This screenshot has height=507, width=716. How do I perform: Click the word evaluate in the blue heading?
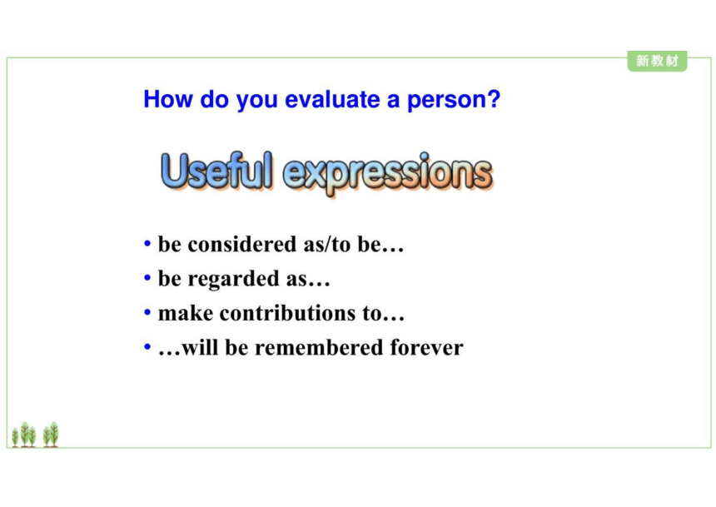coord(332,99)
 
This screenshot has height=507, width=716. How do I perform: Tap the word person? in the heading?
coord(454,101)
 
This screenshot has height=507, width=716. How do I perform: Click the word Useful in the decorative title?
coord(217,171)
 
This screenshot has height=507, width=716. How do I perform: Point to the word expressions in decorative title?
coord(388,174)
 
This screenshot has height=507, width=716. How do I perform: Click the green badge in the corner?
coord(657,61)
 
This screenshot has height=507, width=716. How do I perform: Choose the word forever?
coord(426,348)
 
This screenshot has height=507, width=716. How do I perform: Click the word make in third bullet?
coord(186,313)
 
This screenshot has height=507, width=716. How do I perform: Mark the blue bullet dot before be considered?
coord(147,243)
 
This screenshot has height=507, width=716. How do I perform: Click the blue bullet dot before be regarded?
coord(147,277)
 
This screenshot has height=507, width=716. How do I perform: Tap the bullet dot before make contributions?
coord(147,312)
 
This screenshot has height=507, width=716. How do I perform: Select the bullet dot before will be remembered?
coord(147,346)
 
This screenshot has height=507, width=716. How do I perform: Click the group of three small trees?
coord(24,435)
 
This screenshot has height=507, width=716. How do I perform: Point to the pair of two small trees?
coord(51,435)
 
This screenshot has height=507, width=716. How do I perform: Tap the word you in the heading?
coord(256,102)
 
